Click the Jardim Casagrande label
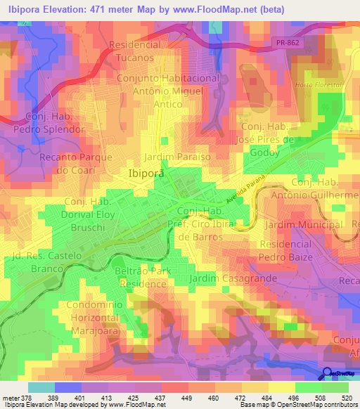(x=224, y=279)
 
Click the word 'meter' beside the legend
(x=10, y=398)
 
